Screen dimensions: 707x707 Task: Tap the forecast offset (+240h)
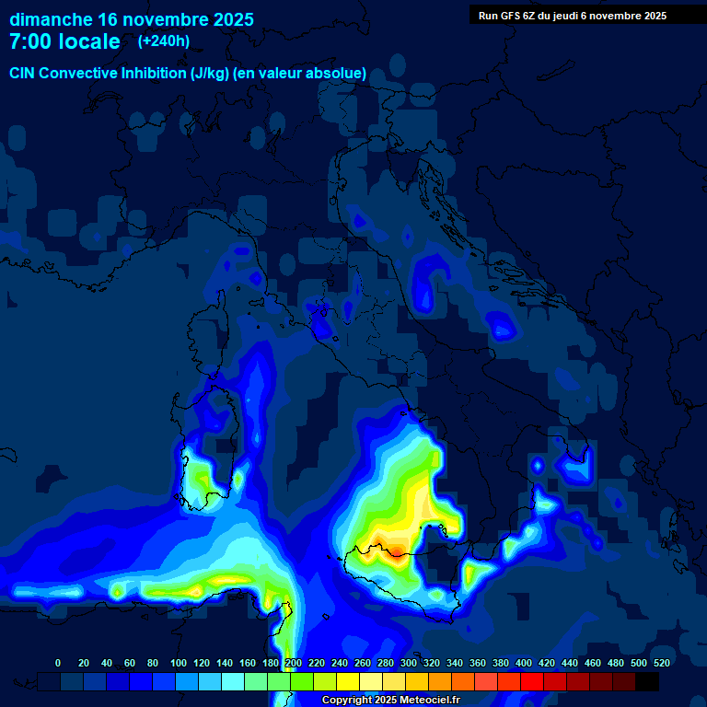pyautogui.click(x=164, y=41)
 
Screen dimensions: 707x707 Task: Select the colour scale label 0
pyautogui.click(x=58, y=663)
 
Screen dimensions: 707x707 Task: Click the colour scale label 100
pyautogui.click(x=179, y=663)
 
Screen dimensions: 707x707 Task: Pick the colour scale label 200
pyautogui.click(x=294, y=663)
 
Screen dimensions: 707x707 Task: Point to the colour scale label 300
pyautogui.click(x=409, y=663)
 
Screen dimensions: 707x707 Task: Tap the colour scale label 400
pyautogui.click(x=524, y=663)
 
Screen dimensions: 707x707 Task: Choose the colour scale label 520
pyautogui.click(x=661, y=663)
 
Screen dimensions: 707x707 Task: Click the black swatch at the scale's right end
pyautogui.click(x=647, y=681)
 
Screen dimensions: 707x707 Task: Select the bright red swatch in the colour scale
pyautogui.click(x=532, y=681)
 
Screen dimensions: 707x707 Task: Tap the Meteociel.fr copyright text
pyautogui.click(x=390, y=700)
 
